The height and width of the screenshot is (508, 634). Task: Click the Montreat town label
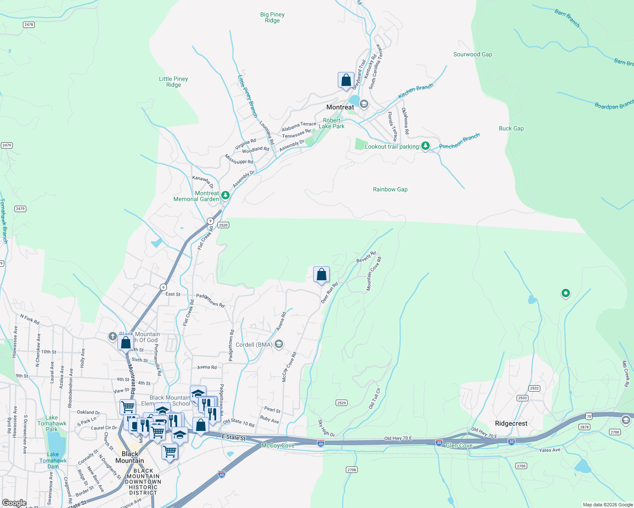click(340, 107)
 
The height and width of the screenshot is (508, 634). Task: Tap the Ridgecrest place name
click(511, 423)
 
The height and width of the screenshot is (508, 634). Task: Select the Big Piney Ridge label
click(272, 17)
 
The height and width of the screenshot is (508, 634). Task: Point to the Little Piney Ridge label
click(173, 82)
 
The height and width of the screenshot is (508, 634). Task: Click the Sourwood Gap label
click(473, 54)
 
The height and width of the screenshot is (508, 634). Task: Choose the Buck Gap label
click(511, 128)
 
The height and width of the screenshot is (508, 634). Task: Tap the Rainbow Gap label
click(390, 189)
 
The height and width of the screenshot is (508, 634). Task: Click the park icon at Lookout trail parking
click(425, 146)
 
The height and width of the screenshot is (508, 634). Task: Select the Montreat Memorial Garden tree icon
click(225, 195)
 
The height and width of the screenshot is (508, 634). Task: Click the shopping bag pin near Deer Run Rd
click(322, 275)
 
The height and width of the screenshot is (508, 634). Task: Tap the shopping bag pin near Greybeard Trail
click(346, 80)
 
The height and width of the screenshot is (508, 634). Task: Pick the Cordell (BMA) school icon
click(278, 344)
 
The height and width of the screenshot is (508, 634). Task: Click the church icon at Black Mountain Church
click(112, 337)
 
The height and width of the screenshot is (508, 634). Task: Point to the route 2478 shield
click(29, 25)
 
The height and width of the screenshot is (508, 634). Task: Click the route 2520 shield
click(223, 225)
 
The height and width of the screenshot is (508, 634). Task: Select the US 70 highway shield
click(589, 417)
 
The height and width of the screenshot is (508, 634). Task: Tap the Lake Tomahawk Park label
click(52, 423)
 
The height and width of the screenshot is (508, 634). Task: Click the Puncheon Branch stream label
click(459, 141)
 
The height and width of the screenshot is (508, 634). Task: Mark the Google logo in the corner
click(14, 502)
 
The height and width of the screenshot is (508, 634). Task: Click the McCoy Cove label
click(278, 445)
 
